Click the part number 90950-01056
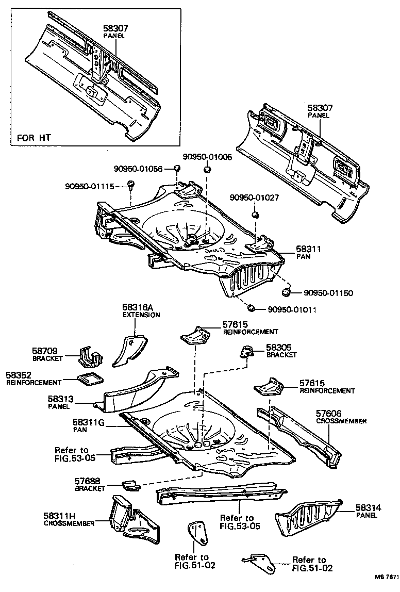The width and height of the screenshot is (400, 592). point(138,168)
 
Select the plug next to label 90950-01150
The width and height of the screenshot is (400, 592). point(285,293)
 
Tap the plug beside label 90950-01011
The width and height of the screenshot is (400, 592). point(251,308)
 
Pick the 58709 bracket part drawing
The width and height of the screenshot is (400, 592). point(90,356)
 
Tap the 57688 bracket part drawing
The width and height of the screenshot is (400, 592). point(131,485)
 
